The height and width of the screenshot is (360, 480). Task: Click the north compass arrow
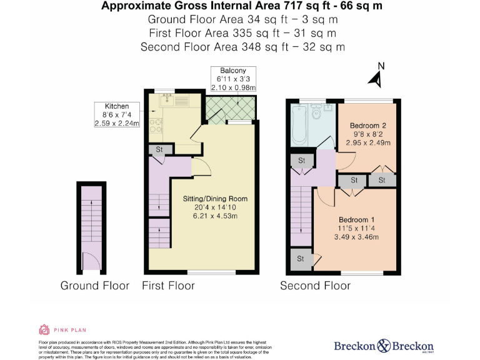(x=376, y=77)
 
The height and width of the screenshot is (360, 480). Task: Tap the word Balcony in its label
(x=228, y=71)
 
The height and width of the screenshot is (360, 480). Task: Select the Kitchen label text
(x=117, y=106)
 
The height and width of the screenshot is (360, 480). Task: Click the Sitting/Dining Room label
(x=203, y=199)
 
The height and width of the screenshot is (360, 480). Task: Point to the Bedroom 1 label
(x=356, y=220)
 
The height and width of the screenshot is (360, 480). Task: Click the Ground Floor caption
(x=94, y=286)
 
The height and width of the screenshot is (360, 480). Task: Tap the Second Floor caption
(x=315, y=286)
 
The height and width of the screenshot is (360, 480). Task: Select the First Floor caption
(x=168, y=286)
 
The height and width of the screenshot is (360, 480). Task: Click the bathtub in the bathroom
(x=299, y=125)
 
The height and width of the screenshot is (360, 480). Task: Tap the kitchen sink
(x=167, y=99)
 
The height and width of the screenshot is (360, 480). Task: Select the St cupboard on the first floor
(x=159, y=150)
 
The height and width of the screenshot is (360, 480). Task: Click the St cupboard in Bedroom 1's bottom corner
(x=301, y=259)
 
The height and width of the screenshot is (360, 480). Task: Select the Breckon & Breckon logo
(x=383, y=346)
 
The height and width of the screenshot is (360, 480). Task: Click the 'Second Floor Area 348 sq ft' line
(x=242, y=47)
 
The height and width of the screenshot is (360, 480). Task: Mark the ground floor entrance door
(x=91, y=261)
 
